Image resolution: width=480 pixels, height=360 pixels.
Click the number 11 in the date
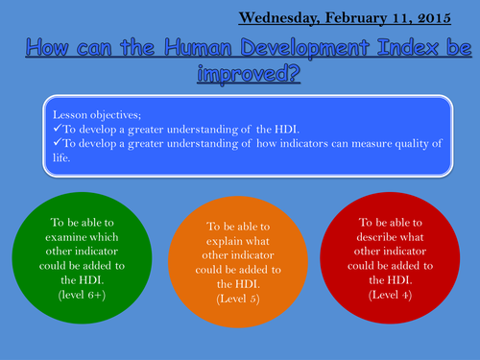(403, 17)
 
